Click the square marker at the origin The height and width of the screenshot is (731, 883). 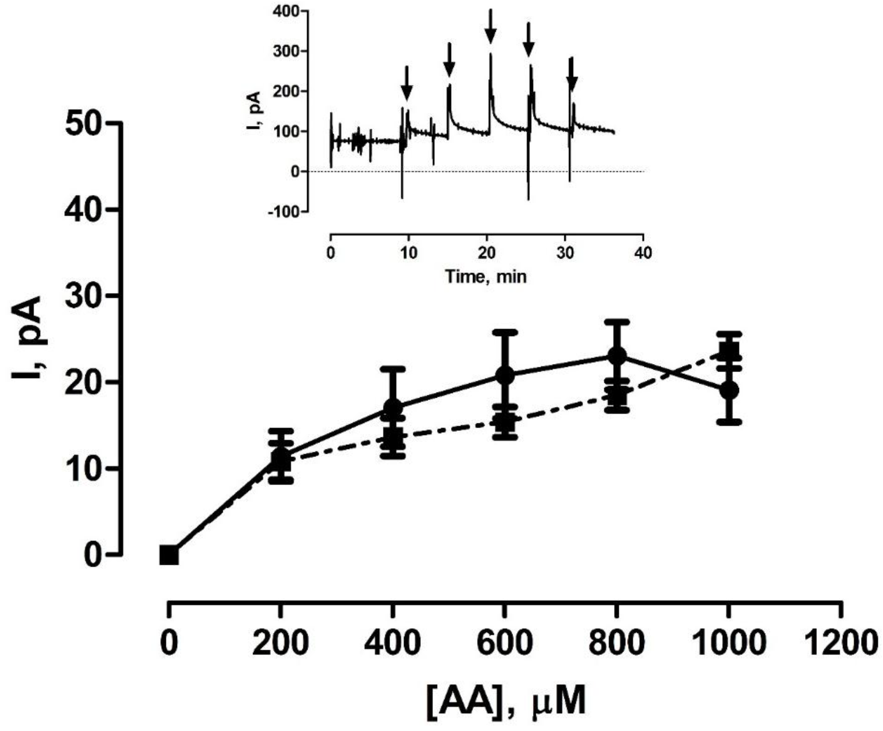tap(169, 555)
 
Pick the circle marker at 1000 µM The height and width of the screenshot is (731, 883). tap(729, 390)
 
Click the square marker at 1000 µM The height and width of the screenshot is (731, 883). tap(729, 350)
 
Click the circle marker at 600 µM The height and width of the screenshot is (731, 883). tap(504, 375)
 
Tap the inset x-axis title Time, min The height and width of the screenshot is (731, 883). tap(485, 277)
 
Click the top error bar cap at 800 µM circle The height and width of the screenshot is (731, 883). tap(617, 322)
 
